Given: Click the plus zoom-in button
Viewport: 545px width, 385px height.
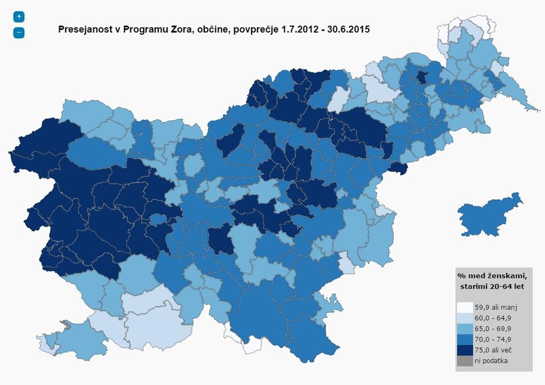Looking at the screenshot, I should pyautogui.click(x=19, y=17).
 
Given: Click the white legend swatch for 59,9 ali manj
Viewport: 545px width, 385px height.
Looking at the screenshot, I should pyautogui.click(x=464, y=308).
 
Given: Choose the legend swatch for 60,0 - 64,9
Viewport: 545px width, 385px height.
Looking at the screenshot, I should pyautogui.click(x=464, y=318).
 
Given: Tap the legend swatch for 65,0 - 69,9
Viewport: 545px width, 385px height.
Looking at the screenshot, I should pyautogui.click(x=464, y=329).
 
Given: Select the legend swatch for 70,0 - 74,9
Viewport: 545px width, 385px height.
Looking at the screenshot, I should pyautogui.click(x=464, y=339).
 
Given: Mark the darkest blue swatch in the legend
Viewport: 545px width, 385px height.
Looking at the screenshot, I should pyautogui.click(x=464, y=350).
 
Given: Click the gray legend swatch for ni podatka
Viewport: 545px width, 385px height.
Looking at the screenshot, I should pyautogui.click(x=464, y=360).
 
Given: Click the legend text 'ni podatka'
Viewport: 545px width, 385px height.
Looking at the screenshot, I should pyautogui.click(x=492, y=360).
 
